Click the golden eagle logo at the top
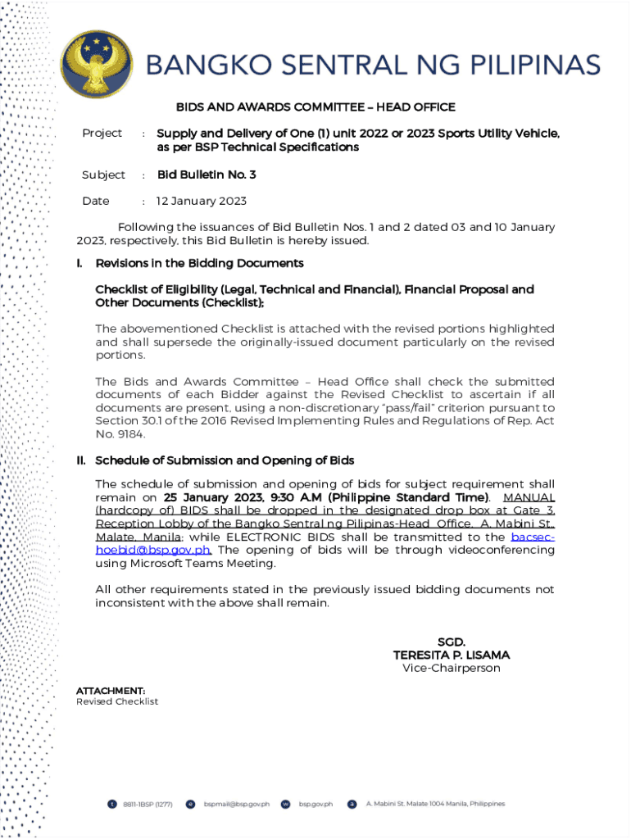pos(96,65)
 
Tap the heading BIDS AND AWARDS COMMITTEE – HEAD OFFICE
pos(315,107)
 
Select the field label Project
pos(102,133)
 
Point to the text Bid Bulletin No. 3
pos(207,175)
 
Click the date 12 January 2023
pos(202,201)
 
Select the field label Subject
pos(103,175)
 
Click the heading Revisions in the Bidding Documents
pos(199,263)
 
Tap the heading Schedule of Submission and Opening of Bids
pos(225,460)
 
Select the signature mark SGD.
pos(452,642)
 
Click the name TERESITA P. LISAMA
pos(452,655)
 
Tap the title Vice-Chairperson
pos(452,668)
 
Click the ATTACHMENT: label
pos(111,691)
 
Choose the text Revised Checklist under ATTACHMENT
pos(117,702)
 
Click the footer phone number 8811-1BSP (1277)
pos(148,804)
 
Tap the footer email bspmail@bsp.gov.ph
pos(237,804)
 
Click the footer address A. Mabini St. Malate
pos(435,804)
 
